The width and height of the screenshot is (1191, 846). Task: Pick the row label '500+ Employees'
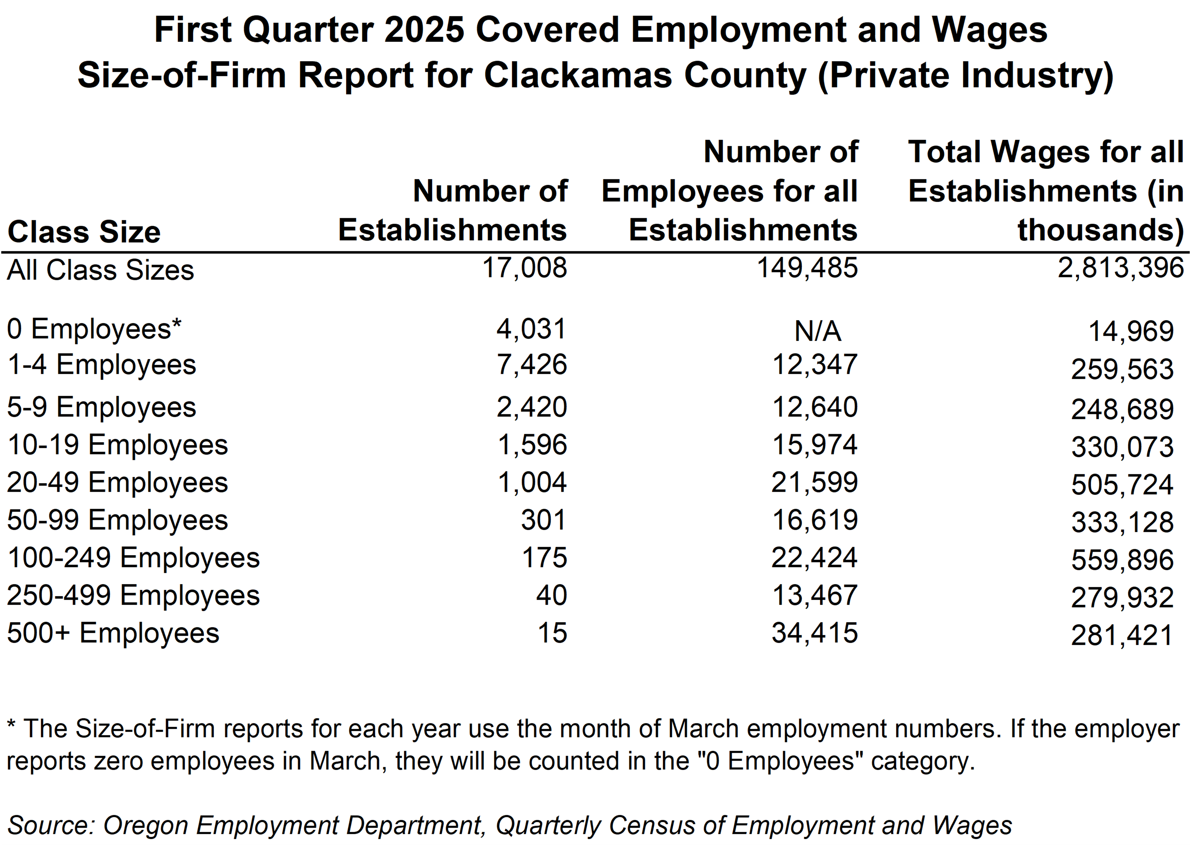coord(113,634)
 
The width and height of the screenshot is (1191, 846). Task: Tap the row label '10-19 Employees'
coord(118,445)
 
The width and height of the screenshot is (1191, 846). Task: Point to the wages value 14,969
coord(1131,331)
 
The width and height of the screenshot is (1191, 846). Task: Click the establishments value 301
coord(543,520)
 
